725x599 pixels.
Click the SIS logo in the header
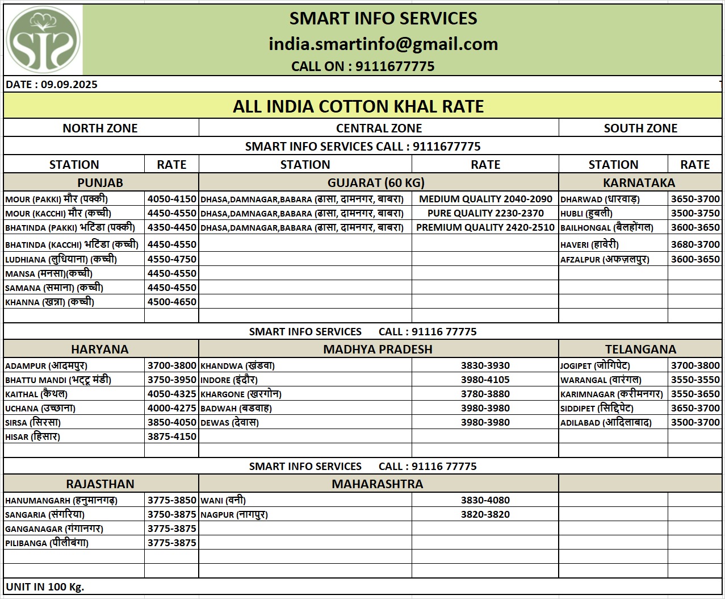pos(43,40)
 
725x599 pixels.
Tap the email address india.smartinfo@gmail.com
pos(383,44)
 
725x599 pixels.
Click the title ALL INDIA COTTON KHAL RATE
pos(358,106)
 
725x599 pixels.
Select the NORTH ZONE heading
pos(100,128)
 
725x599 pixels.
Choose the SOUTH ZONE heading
pos(640,128)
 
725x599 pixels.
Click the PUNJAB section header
pos(100,182)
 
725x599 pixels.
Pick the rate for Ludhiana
pos(171,259)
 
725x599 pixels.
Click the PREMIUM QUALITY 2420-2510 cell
pos(485,227)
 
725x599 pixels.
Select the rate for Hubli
pos(695,213)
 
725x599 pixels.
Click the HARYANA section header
pos(100,349)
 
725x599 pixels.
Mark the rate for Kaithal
pos(171,394)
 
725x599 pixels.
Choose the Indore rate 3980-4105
pos(485,380)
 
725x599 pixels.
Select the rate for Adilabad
pos(695,422)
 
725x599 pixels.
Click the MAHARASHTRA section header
pos(378,484)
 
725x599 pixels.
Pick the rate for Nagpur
pos(485,514)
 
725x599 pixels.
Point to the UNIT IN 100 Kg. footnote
pos(45,586)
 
